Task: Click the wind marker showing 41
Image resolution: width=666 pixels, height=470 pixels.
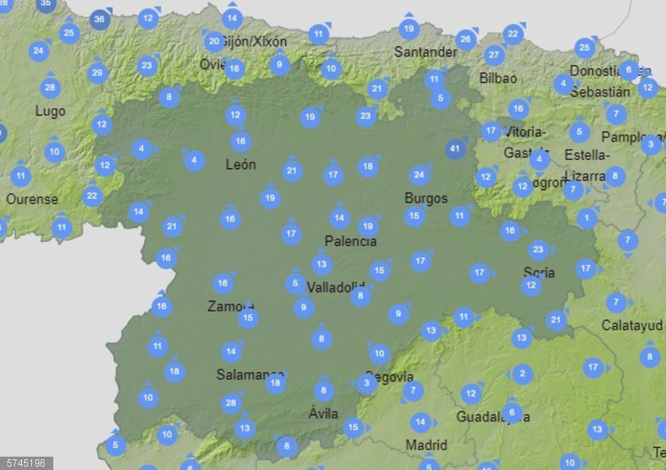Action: click(x=456, y=148)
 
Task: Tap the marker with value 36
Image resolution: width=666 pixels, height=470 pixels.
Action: click(x=99, y=19)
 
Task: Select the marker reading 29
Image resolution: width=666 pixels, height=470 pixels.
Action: click(x=97, y=73)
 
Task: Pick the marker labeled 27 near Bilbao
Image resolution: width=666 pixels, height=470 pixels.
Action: click(x=494, y=55)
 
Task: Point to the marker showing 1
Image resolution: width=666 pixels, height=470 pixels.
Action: click(x=587, y=218)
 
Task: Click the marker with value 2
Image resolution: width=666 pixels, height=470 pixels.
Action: click(x=522, y=374)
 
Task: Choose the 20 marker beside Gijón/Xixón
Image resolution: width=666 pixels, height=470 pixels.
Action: click(x=214, y=42)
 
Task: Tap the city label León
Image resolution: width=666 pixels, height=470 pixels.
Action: click(x=240, y=164)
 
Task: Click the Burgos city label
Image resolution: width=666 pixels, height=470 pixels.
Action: click(x=426, y=198)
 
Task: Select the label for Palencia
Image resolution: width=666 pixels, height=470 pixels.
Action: click(x=351, y=241)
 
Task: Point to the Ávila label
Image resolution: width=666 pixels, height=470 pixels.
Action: click(x=323, y=413)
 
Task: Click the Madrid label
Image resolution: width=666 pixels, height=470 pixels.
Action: click(x=426, y=445)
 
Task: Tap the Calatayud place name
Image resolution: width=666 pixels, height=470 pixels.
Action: click(x=631, y=326)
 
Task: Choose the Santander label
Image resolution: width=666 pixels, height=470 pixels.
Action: click(x=426, y=52)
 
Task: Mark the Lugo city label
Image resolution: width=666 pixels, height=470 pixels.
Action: click(x=51, y=111)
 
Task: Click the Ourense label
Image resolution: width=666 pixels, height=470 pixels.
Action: click(x=32, y=199)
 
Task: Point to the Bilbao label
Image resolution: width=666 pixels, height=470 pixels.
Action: click(x=498, y=78)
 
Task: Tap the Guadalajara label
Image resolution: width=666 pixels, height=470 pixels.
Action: click(x=493, y=417)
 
